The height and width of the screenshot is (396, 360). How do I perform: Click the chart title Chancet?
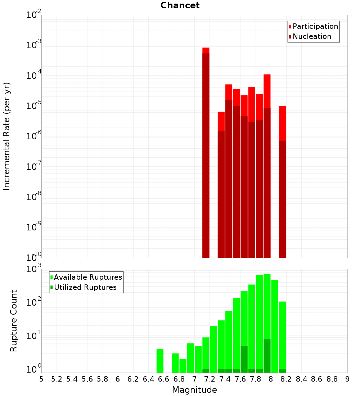click(180, 5)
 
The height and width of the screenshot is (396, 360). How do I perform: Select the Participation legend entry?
click(315, 26)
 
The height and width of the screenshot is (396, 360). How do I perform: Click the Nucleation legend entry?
click(311, 36)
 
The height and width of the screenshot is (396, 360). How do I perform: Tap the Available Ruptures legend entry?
click(87, 277)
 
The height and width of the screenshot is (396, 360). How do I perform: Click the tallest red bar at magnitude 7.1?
click(206, 151)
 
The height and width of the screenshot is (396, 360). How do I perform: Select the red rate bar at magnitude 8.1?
click(282, 180)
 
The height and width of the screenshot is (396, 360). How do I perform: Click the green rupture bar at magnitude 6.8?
click(183, 366)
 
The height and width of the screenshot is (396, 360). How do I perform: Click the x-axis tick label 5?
click(41, 379)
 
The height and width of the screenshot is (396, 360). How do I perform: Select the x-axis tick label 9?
click(347, 379)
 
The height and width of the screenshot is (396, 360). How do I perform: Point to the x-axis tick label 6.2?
click(133, 379)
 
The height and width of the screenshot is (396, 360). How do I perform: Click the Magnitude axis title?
click(194, 390)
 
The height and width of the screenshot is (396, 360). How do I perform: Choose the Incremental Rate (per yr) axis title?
click(7, 136)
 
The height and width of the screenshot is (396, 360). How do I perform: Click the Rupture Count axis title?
click(14, 321)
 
